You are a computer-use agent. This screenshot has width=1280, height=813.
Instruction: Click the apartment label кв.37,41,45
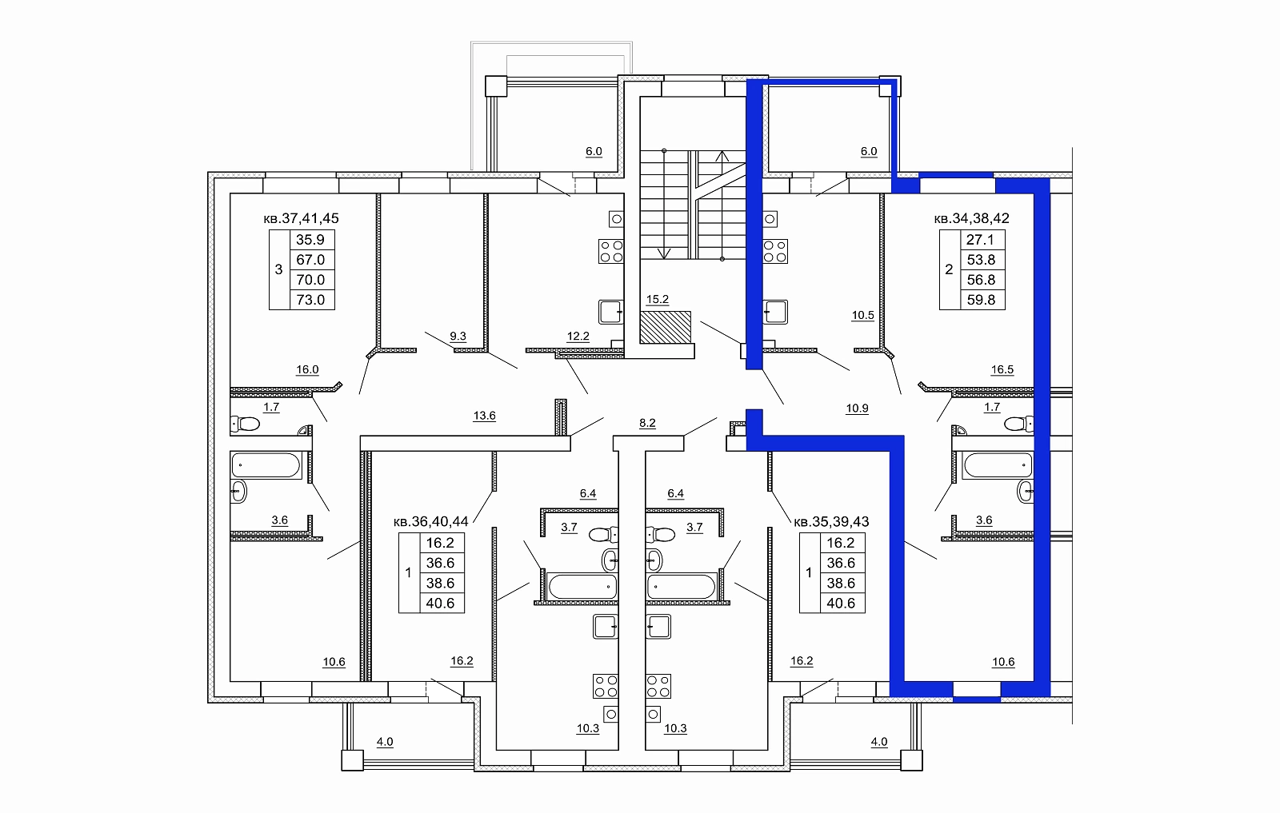coord(301,218)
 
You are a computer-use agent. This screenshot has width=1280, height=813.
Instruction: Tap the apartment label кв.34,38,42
coord(971,218)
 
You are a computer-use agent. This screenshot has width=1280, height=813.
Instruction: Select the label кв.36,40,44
coord(431,521)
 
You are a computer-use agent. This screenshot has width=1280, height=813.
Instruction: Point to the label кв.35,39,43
coord(831,521)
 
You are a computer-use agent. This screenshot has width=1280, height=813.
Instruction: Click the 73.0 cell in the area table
coord(311,300)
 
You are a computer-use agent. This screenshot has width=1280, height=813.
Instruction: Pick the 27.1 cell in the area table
coord(980,240)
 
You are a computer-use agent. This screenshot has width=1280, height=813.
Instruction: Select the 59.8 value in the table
coord(981,300)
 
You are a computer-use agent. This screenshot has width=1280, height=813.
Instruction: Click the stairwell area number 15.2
coord(657,299)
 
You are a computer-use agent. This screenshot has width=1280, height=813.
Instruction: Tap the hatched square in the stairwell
coord(665,327)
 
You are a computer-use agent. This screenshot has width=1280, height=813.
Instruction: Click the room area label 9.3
coord(458,336)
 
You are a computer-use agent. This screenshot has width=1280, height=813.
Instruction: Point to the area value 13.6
coord(485,416)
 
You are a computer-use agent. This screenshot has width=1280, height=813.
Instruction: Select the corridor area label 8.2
coord(647,423)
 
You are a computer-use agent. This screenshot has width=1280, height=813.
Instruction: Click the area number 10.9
coord(857,408)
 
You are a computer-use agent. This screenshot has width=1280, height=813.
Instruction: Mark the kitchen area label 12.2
coord(578,337)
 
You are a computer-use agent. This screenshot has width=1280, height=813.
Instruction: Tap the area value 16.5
coord(1002,369)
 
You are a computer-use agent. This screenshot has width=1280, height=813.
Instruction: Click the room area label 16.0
coord(307,369)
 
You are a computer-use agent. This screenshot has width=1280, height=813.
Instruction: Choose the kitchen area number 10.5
coord(863,315)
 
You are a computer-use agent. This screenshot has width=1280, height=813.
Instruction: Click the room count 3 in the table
coord(279,269)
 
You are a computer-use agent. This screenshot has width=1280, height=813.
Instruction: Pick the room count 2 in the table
coord(949,269)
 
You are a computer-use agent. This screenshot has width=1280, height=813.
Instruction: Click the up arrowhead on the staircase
coord(722,155)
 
